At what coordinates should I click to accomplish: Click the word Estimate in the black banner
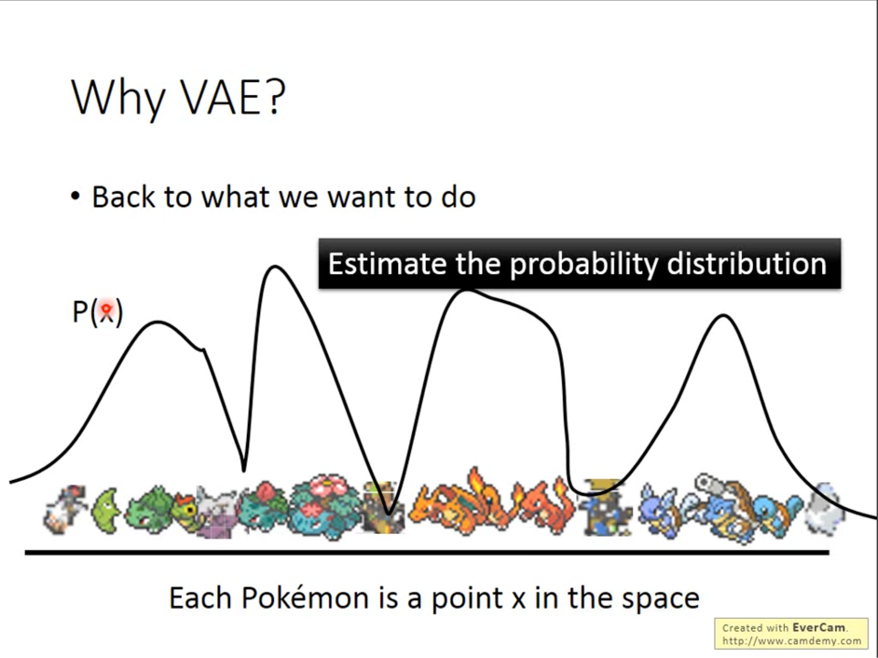[x=387, y=264]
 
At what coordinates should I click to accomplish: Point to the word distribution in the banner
[x=746, y=264]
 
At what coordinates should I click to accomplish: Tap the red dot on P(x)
[x=106, y=308]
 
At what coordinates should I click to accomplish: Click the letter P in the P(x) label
[x=80, y=312]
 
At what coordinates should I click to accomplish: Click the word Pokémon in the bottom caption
[x=305, y=598]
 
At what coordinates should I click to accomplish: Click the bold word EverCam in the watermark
[x=818, y=628]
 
